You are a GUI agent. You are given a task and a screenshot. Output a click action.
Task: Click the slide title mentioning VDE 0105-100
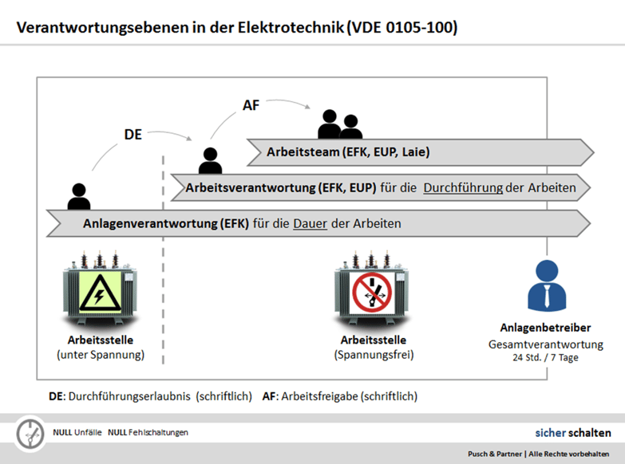[x=237, y=29]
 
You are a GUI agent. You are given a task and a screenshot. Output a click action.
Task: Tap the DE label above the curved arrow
[x=133, y=135]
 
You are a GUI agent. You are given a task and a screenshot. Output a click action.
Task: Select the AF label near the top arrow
[x=251, y=105]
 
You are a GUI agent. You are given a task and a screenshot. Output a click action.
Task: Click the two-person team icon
[x=339, y=124]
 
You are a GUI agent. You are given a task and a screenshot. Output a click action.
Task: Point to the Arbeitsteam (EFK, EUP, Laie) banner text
[x=353, y=151]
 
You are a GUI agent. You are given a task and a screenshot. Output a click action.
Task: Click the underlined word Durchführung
[x=462, y=188]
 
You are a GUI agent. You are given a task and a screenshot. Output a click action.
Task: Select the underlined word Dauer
[x=310, y=224]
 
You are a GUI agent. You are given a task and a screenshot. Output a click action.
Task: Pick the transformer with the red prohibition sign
[x=371, y=287]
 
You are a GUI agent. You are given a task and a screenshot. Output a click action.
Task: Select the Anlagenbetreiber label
[x=545, y=328]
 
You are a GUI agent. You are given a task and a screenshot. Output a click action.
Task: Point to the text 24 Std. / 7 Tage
[x=545, y=358]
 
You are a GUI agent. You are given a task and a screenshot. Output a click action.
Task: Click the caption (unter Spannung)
[x=101, y=354]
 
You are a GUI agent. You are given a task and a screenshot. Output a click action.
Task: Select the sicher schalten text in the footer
[x=572, y=433]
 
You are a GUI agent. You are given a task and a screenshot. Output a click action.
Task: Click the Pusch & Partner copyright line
[x=539, y=454]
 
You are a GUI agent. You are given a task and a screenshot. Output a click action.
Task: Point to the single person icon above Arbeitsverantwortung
[x=210, y=160]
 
